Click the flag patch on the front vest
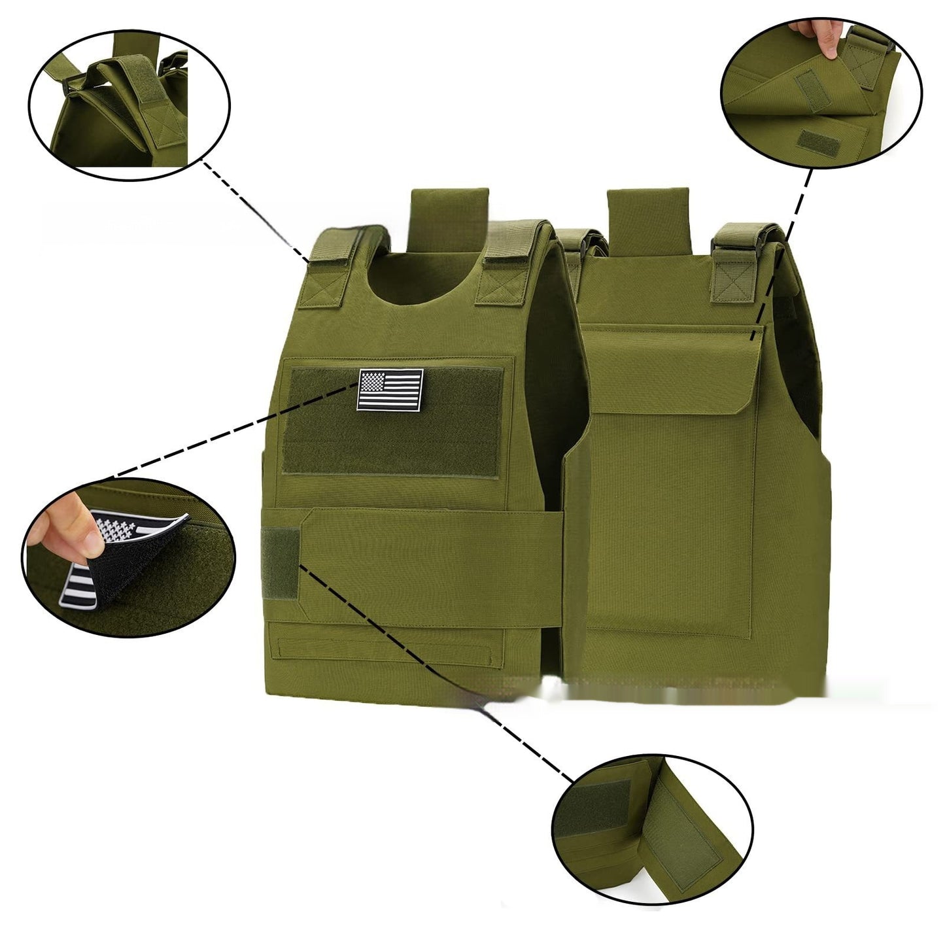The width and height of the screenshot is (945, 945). [x=390, y=390]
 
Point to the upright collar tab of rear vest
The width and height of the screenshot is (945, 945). [x=648, y=219]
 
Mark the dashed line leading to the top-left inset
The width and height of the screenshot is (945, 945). [x=255, y=209]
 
